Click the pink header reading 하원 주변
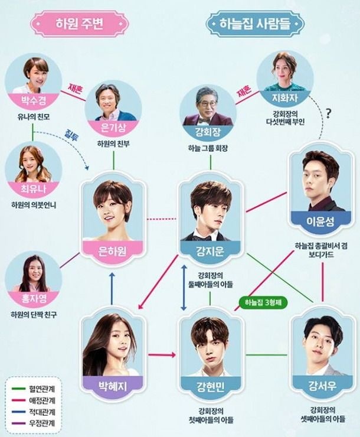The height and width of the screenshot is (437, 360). click(79, 24)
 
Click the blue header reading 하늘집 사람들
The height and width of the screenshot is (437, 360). click(255, 24)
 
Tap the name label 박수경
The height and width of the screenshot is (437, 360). click(34, 100)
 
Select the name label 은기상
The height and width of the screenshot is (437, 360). click(113, 128)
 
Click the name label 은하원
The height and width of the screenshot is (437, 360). click(113, 251)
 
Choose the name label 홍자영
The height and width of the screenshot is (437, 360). click(34, 298)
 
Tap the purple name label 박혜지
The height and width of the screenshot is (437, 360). click(113, 386)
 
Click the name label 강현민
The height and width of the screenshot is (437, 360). click(210, 387)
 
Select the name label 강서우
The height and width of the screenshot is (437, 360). click(322, 386)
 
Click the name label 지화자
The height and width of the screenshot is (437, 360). click(285, 97)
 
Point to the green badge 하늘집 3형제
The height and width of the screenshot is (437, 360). click(263, 302)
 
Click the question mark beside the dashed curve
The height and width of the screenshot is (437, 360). click(329, 113)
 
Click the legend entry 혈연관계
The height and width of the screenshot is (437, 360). click(42, 389)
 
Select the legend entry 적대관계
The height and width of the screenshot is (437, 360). click(42, 412)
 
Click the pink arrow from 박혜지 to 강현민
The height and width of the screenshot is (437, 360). click(162, 355)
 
